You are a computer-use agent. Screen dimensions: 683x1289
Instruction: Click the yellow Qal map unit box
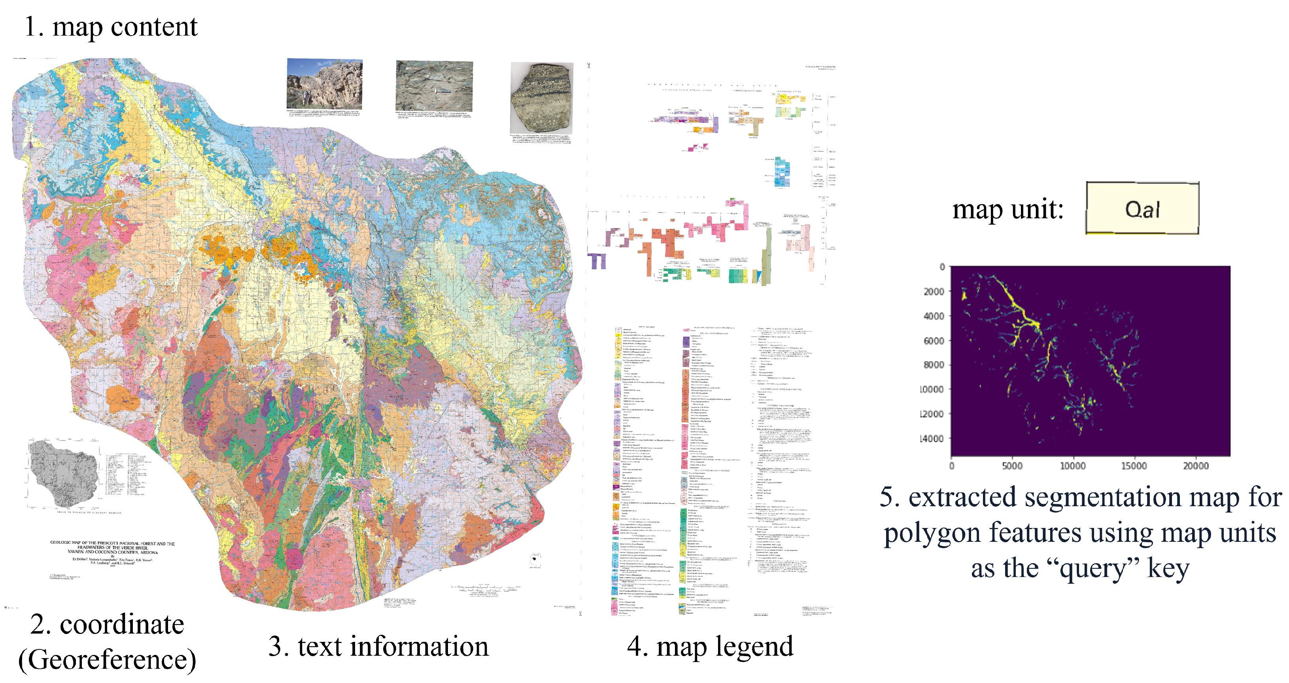[1142, 208]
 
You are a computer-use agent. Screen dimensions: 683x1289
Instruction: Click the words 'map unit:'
[1007, 209]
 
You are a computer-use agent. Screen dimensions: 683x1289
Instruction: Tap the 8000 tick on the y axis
[934, 365]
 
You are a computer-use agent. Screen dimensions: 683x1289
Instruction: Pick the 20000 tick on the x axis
[1195, 466]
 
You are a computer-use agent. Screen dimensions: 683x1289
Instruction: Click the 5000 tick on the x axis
[1012, 466]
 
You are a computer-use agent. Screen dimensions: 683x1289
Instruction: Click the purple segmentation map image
[1090, 361]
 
